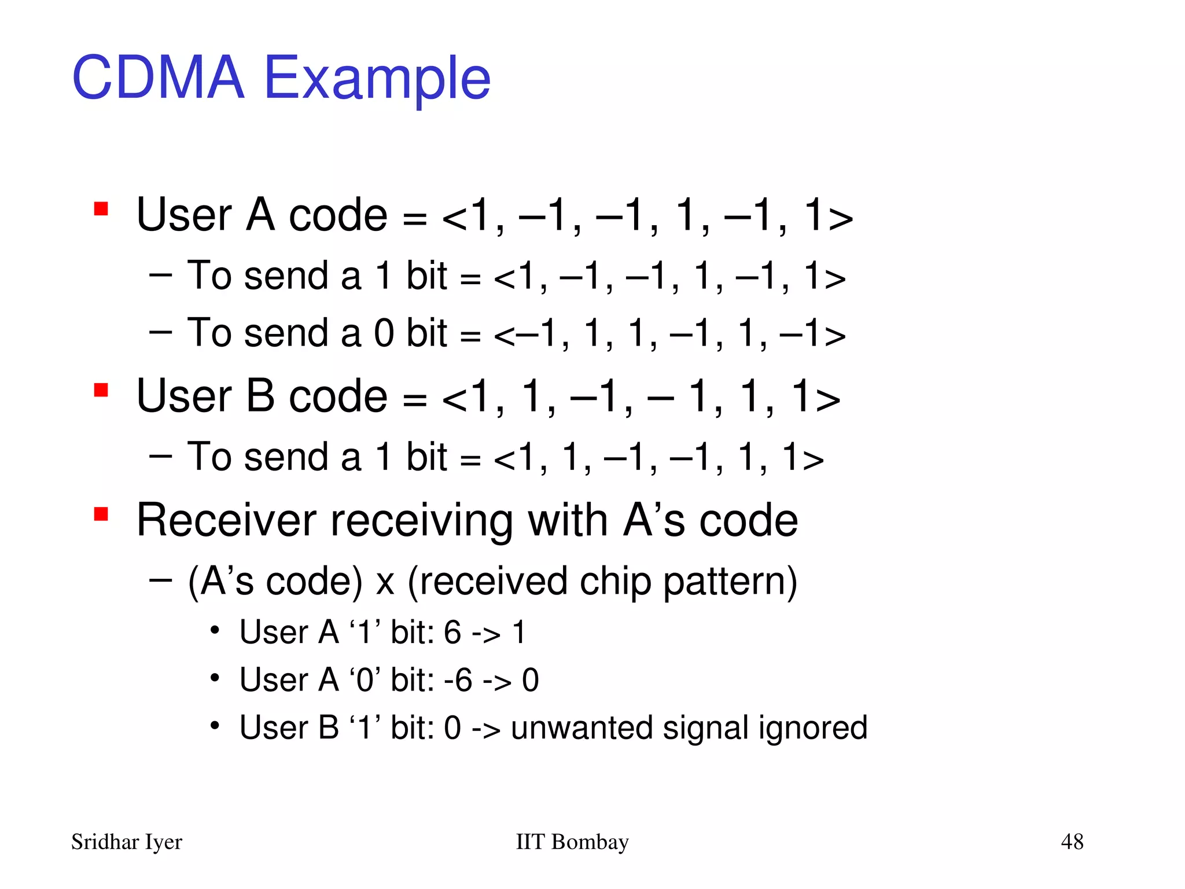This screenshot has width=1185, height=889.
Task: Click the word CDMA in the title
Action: pos(158,78)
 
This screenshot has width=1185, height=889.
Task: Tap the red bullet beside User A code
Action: pos(101,209)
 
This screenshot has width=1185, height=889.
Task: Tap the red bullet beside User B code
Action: pos(101,391)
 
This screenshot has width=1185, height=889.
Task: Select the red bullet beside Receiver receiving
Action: pos(101,514)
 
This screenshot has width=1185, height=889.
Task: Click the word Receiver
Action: pos(226,520)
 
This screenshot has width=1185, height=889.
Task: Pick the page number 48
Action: pos(1072,842)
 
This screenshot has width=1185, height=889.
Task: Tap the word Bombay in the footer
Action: pos(590,842)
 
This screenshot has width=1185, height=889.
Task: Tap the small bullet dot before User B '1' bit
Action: pos(215,725)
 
